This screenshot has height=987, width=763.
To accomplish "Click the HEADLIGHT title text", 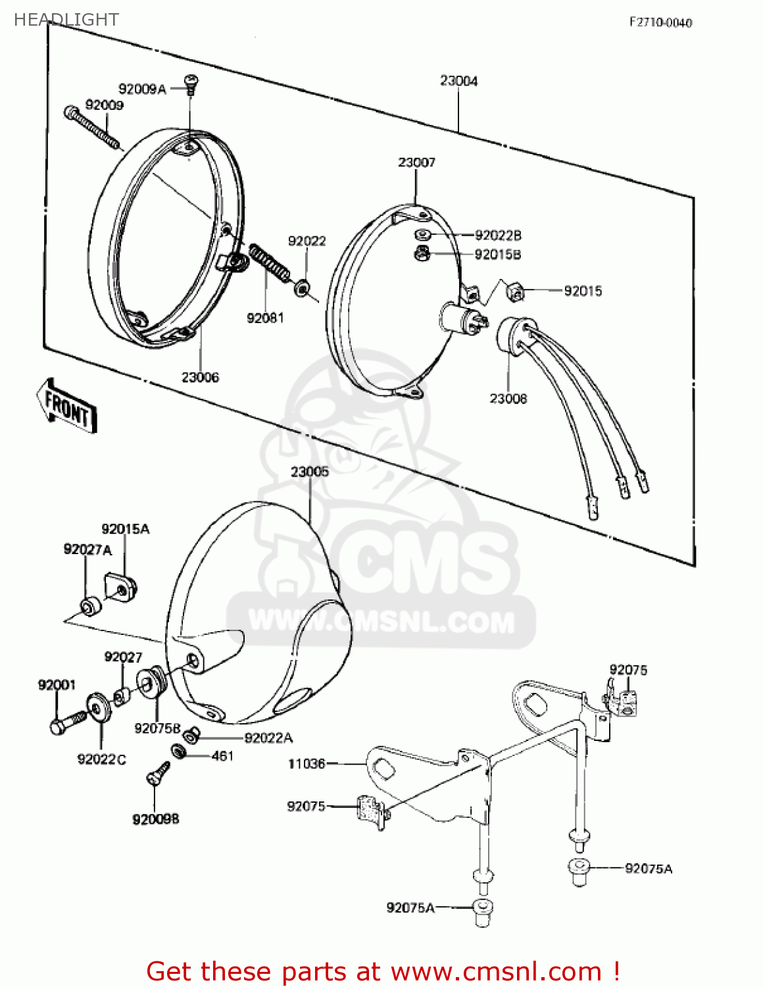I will click(x=66, y=20).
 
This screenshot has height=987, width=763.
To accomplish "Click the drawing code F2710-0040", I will click(x=660, y=22).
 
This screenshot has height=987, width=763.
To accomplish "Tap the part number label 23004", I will click(x=458, y=80).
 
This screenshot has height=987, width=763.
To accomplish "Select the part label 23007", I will click(x=416, y=162).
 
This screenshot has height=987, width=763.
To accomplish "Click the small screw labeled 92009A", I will click(x=191, y=84).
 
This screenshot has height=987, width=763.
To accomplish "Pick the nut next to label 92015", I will click(x=515, y=290).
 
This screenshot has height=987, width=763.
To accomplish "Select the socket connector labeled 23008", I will click(x=515, y=334).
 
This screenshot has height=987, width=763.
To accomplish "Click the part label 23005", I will click(x=309, y=471).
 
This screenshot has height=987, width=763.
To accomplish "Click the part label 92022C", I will click(x=101, y=759).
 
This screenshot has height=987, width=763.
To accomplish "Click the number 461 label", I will click(x=222, y=756).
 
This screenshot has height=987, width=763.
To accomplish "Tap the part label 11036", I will click(x=307, y=763).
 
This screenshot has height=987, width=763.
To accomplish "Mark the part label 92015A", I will click(x=125, y=529).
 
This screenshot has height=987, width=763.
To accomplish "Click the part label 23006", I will click(x=200, y=377).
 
